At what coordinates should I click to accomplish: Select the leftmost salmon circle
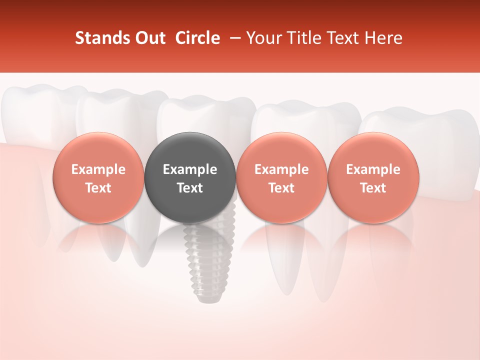pyautogui.click(x=98, y=177)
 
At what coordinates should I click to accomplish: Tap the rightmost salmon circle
pyautogui.click(x=373, y=177)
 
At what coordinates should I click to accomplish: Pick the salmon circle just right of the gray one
pyautogui.click(x=281, y=177)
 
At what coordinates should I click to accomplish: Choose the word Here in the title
pyautogui.click(x=384, y=38)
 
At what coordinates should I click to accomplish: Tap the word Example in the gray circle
pyautogui.click(x=190, y=169)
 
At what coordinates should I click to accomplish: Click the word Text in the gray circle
pyautogui.click(x=190, y=188)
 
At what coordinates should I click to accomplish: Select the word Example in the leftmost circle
pyautogui.click(x=98, y=169)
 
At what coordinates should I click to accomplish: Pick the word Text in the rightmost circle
pyautogui.click(x=373, y=188)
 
